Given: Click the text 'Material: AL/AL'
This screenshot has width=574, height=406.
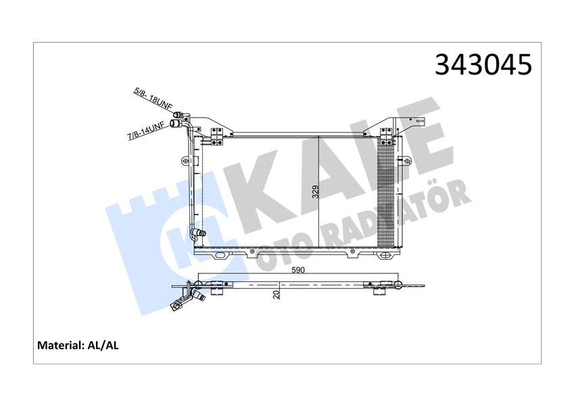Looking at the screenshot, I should pos(78,345).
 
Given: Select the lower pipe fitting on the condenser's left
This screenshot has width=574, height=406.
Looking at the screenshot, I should pos(197,234).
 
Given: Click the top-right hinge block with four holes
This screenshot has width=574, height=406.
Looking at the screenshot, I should pos(386,135).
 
